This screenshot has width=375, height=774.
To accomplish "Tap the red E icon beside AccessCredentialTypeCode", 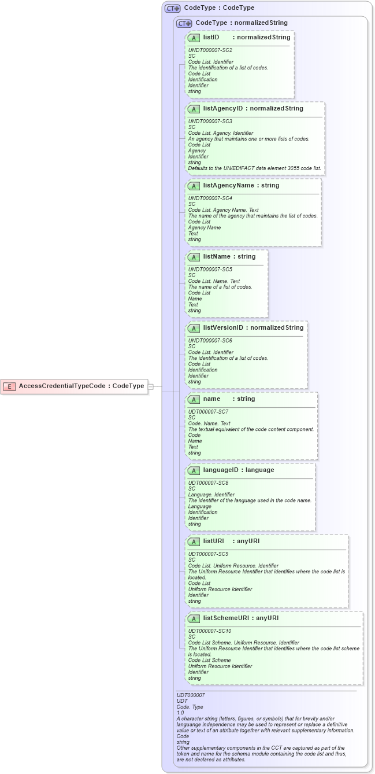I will (x=9, y=386).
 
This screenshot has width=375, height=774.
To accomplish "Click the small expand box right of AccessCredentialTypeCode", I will (x=151, y=386).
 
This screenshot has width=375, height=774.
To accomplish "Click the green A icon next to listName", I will (x=194, y=257).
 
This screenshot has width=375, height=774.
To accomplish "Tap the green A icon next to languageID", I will (x=194, y=470).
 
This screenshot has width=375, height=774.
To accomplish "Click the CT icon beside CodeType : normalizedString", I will (x=184, y=23).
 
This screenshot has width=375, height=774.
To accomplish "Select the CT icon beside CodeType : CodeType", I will (x=173, y=8).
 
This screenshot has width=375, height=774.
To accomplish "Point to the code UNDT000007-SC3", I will (x=210, y=121).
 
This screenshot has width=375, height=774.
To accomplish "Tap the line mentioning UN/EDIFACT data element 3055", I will (x=254, y=168).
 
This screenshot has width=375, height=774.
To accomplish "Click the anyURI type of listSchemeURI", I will (x=267, y=618).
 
